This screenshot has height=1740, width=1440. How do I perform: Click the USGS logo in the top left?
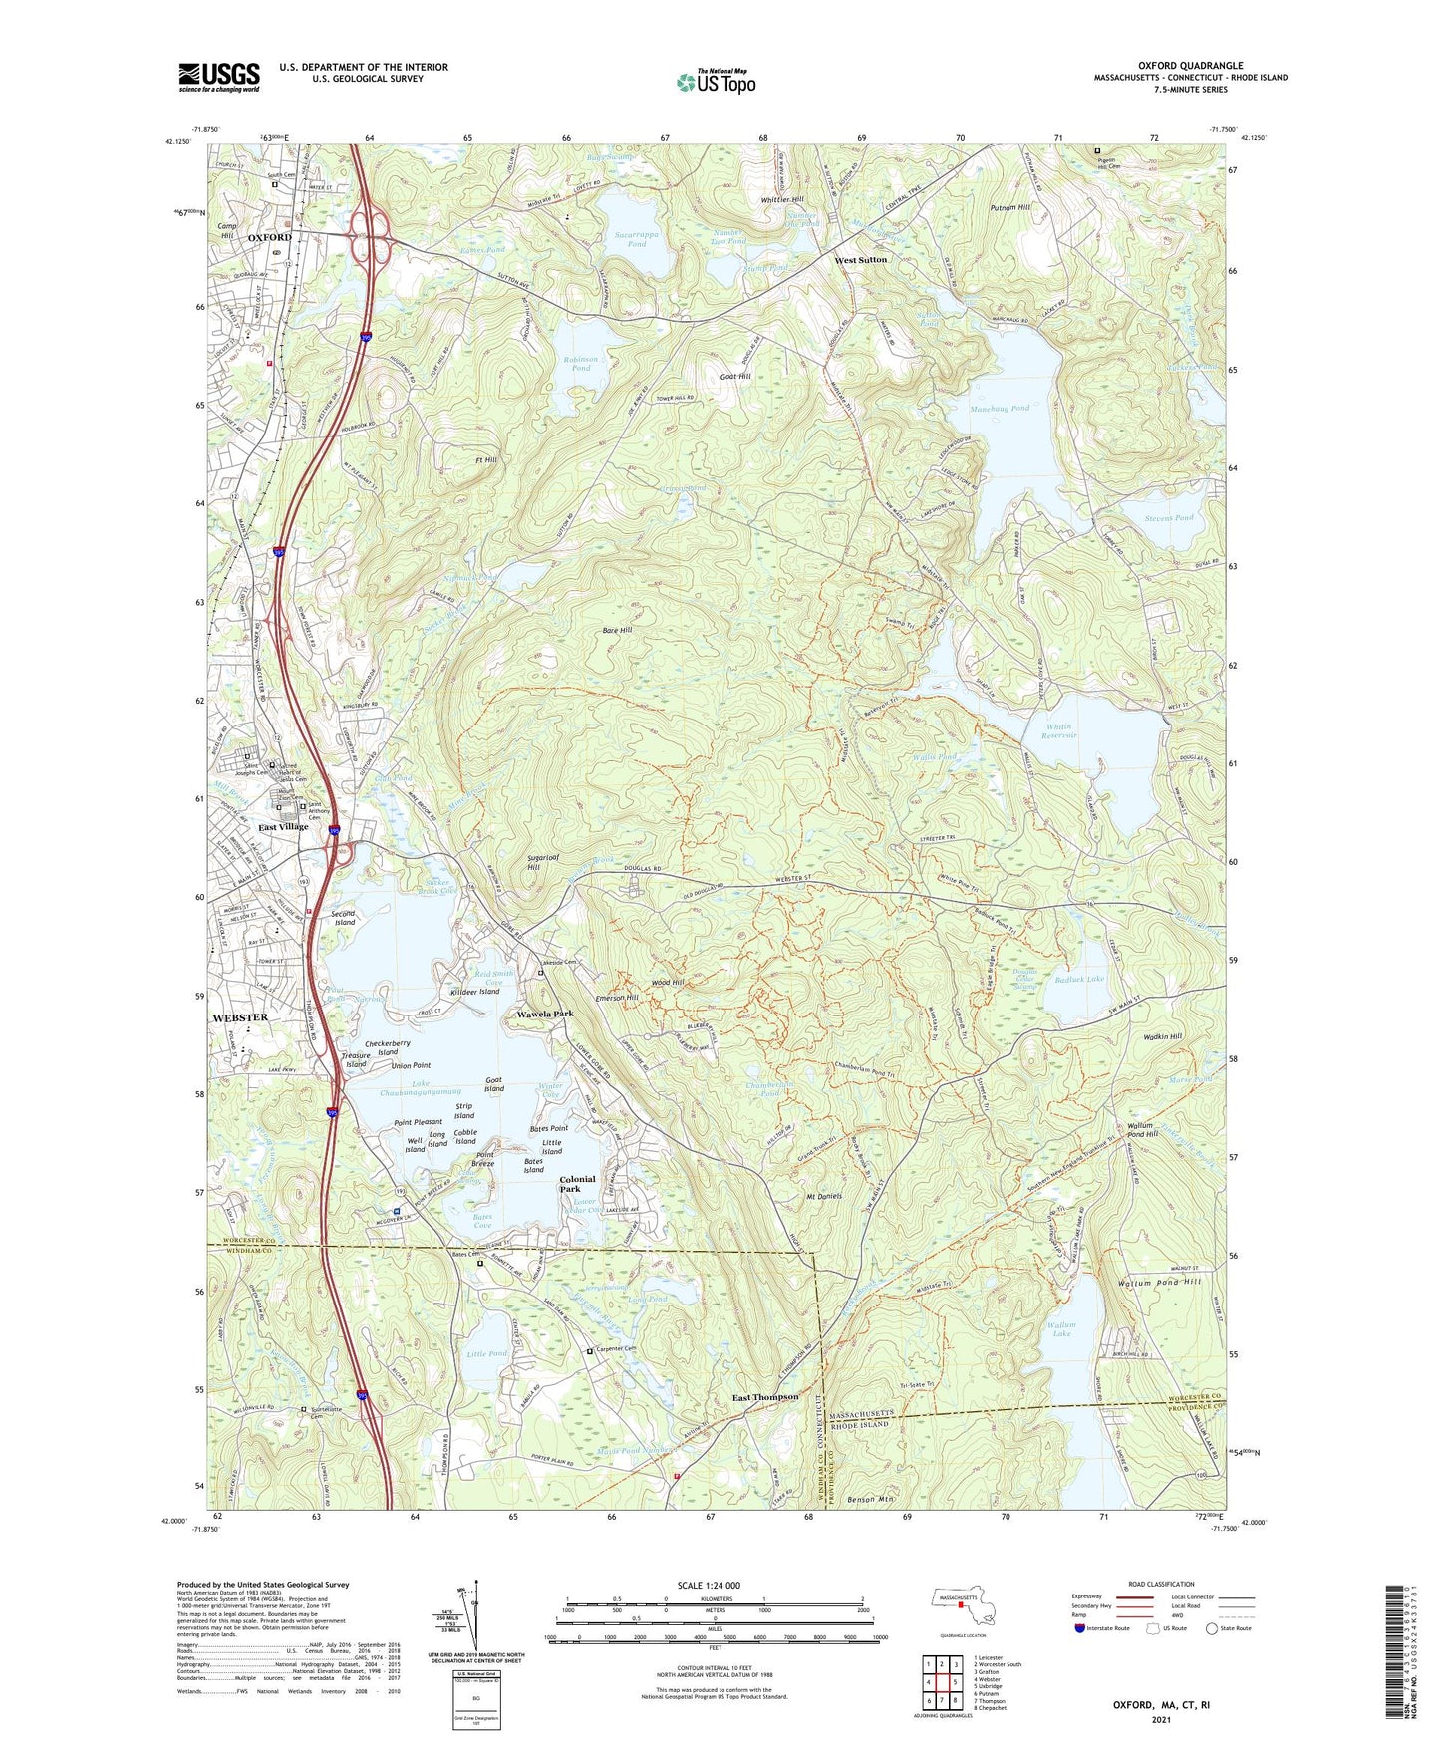[219, 77]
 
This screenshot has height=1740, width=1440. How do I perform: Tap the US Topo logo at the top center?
[715, 82]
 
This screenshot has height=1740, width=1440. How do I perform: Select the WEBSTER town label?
[240, 1017]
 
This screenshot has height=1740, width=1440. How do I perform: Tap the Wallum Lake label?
[1060, 1329]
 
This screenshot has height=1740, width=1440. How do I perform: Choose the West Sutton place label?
[860, 260]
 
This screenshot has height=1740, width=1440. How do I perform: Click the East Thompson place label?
[765, 1397]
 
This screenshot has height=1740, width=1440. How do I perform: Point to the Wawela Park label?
[544, 1014]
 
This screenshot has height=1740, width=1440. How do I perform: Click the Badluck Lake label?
[1079, 980]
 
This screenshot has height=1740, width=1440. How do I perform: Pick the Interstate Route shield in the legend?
[1080, 1628]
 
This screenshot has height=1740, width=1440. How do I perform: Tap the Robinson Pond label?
[580, 364]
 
